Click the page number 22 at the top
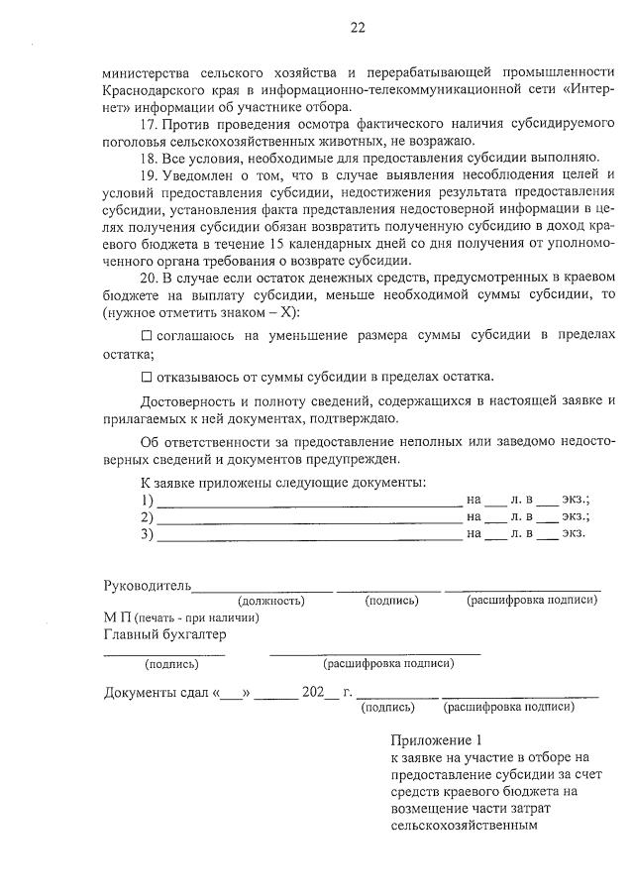pos(358,28)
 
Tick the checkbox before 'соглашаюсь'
pos(147,337)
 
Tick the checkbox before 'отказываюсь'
pos(147,377)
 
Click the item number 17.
pos(150,124)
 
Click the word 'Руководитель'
pos(148,586)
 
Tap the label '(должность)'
pos(270,601)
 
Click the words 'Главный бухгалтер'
pos(165,634)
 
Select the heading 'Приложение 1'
pos(436,740)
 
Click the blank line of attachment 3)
pos(309,538)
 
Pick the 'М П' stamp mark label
pos(117,617)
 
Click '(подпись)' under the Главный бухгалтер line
pos(171,664)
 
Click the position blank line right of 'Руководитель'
pos(263,589)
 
